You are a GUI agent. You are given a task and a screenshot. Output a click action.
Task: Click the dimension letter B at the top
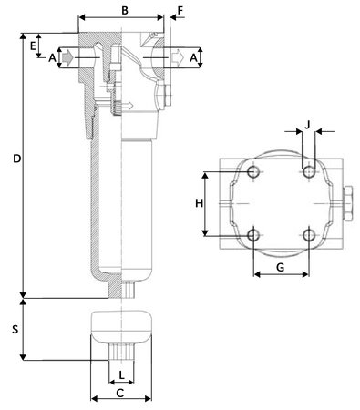pos(125,10)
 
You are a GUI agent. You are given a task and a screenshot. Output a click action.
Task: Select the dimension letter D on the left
pos(17,159)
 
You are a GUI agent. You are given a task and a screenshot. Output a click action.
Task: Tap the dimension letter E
pos(33,46)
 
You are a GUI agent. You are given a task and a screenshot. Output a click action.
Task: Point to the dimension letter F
pos(180,11)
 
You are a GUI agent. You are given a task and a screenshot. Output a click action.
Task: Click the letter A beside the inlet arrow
pos(52,57)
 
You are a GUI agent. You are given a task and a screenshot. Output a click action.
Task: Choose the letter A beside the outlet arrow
pos(193,57)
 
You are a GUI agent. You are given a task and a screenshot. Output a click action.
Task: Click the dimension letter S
pos(15,330)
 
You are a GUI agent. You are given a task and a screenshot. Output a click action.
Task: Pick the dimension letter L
pos(121,375)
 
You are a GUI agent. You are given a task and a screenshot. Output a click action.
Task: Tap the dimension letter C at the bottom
pos(120,394)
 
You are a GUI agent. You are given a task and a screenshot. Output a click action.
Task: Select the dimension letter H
pos(199,203)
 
